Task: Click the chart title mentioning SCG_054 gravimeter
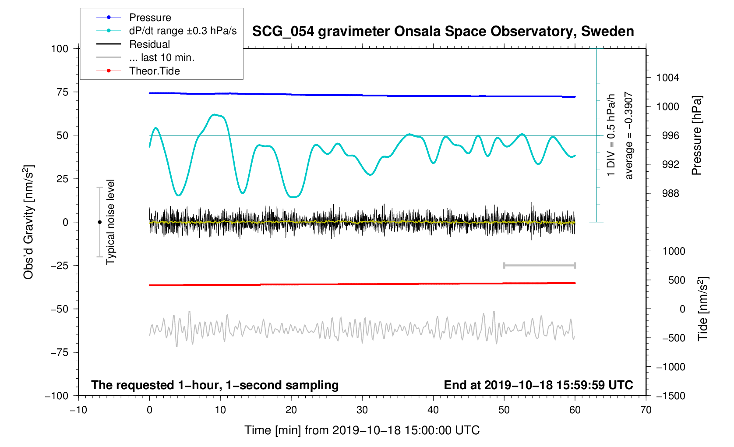click(x=443, y=32)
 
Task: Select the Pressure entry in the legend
click(x=150, y=18)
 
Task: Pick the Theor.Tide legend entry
click(x=154, y=71)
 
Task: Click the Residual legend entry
click(x=149, y=44)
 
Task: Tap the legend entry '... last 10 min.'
click(x=162, y=57)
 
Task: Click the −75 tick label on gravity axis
click(x=59, y=352)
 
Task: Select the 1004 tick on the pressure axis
click(x=667, y=78)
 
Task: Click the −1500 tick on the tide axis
click(x=670, y=396)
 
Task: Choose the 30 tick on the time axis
click(x=362, y=410)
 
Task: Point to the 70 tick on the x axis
click(x=646, y=410)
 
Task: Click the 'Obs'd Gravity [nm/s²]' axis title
click(x=28, y=222)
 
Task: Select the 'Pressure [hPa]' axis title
click(x=696, y=135)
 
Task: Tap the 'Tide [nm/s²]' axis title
click(x=702, y=309)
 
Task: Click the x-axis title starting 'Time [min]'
click(x=362, y=430)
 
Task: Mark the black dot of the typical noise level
click(x=99, y=222)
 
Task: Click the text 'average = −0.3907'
click(x=629, y=135)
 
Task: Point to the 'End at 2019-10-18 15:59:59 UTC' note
click(x=538, y=385)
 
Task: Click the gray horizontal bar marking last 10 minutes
click(x=539, y=266)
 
